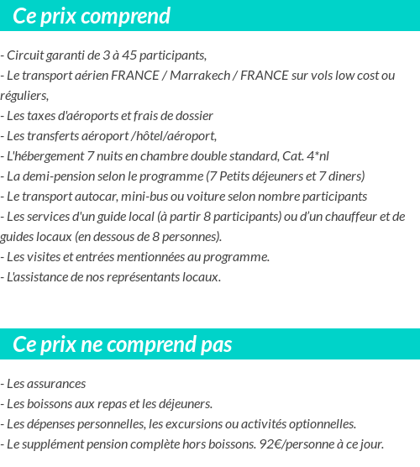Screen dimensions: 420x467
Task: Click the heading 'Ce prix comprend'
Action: tap(92, 16)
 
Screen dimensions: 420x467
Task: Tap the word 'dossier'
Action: tap(193, 116)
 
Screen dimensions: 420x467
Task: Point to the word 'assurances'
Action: tap(57, 384)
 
